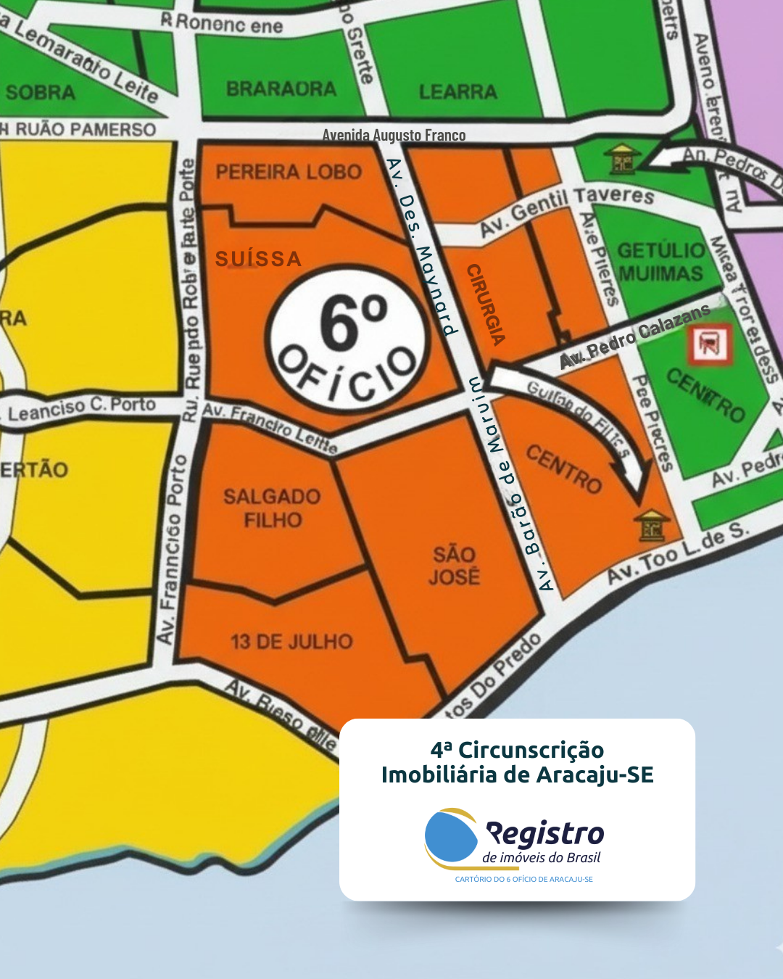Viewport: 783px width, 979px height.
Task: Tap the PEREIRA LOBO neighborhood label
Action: coord(289,172)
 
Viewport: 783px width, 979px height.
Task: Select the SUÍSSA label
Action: coord(259,259)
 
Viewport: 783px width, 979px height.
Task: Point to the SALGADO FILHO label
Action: coord(273,508)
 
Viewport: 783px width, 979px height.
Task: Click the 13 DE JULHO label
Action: coord(291,642)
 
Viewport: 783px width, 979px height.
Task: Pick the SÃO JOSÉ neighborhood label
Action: coord(454,566)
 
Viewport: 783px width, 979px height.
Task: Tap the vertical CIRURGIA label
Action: coord(486,304)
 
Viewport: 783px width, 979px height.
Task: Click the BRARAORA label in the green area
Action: coord(281,88)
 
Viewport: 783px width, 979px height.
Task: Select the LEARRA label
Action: coord(458,91)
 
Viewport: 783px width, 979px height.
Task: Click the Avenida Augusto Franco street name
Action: coord(394,135)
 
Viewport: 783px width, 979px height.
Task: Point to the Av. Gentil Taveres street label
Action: coord(567,210)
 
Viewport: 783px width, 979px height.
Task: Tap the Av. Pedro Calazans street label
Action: coord(635,336)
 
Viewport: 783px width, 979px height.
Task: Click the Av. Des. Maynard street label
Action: coord(421,247)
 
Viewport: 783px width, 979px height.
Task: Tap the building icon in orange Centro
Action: coord(652,525)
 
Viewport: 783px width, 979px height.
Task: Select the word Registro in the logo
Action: coord(544,834)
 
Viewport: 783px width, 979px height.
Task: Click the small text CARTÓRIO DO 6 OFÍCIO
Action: coord(523,879)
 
